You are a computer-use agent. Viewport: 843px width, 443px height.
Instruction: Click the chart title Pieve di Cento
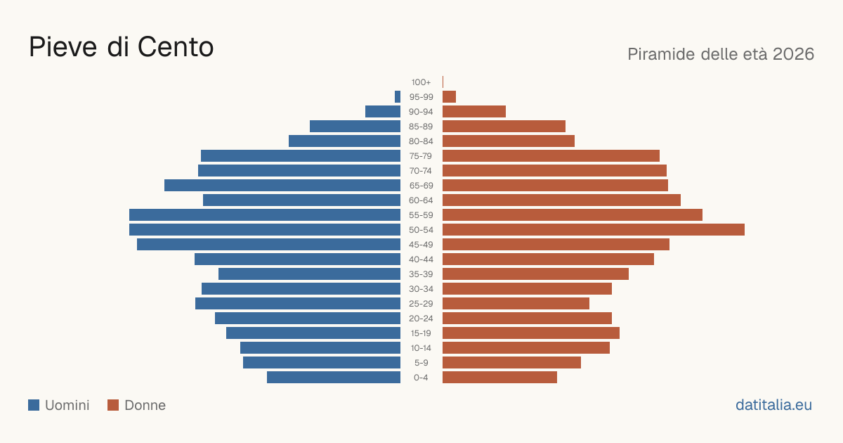[x=121, y=47]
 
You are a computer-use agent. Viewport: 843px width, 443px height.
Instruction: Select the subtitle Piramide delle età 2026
[x=721, y=54]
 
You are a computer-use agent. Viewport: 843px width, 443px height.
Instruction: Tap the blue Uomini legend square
[x=34, y=405]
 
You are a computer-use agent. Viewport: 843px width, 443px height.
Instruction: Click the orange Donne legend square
[x=113, y=405]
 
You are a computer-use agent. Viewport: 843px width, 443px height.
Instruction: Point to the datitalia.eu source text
[x=773, y=405]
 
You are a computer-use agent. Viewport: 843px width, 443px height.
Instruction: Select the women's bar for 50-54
[x=594, y=230]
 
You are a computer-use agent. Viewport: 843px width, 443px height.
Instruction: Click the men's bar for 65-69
[x=282, y=186]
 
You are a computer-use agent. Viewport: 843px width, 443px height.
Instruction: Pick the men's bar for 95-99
[x=398, y=97]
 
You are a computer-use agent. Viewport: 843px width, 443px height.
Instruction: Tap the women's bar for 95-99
[x=450, y=97]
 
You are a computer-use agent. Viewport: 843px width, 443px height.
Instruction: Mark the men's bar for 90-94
[x=383, y=112]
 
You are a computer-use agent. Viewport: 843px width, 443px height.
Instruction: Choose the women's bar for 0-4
[x=499, y=378]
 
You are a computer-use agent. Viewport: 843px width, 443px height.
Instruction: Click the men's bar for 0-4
[x=334, y=378]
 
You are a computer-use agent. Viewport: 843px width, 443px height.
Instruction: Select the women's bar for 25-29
[x=516, y=304]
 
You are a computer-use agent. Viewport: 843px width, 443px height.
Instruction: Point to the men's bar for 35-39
[x=309, y=274]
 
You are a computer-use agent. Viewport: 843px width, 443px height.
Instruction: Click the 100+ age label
[x=421, y=82]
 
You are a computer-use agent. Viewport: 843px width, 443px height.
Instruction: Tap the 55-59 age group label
[x=421, y=215]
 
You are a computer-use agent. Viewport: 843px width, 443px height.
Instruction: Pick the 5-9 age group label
[x=421, y=363]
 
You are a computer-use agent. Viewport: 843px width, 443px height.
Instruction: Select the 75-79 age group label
[x=421, y=156]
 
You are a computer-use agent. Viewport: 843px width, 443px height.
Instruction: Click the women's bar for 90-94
[x=474, y=112]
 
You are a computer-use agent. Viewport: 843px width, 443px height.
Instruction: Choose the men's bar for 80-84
[x=344, y=141]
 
